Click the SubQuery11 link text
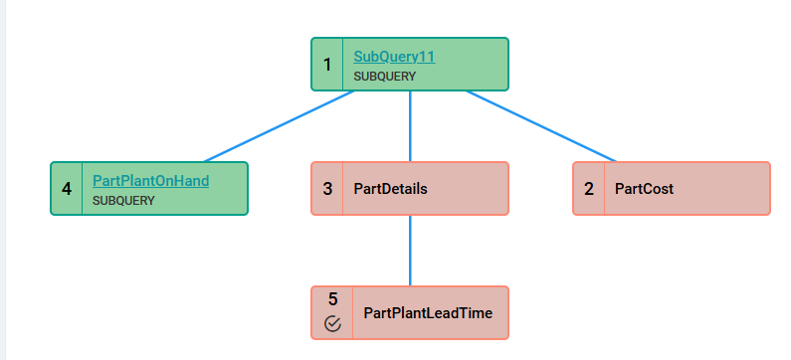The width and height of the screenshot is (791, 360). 394,57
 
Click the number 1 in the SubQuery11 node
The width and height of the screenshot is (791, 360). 327,65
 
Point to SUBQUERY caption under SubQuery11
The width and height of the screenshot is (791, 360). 384,77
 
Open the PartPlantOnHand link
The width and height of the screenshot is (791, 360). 151,181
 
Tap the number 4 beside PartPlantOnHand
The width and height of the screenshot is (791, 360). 67,189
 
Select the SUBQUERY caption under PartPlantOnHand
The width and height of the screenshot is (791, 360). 123,201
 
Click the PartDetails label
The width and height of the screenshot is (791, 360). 390,189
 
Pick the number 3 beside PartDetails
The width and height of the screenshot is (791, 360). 327,189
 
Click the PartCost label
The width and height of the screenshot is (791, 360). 644,189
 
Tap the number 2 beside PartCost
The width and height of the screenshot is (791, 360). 589,189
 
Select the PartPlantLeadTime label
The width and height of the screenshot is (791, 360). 428,313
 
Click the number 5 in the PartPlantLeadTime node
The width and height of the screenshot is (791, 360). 333,299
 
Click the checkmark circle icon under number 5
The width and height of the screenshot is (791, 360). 333,323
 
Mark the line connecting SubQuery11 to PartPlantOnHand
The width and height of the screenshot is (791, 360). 280,126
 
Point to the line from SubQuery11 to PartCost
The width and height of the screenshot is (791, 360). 541,126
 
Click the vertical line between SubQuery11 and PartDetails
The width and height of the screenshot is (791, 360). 410,126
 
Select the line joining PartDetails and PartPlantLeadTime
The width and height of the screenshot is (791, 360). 410,251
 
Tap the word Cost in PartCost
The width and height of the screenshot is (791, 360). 659,189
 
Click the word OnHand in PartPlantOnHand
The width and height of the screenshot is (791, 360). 184,181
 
